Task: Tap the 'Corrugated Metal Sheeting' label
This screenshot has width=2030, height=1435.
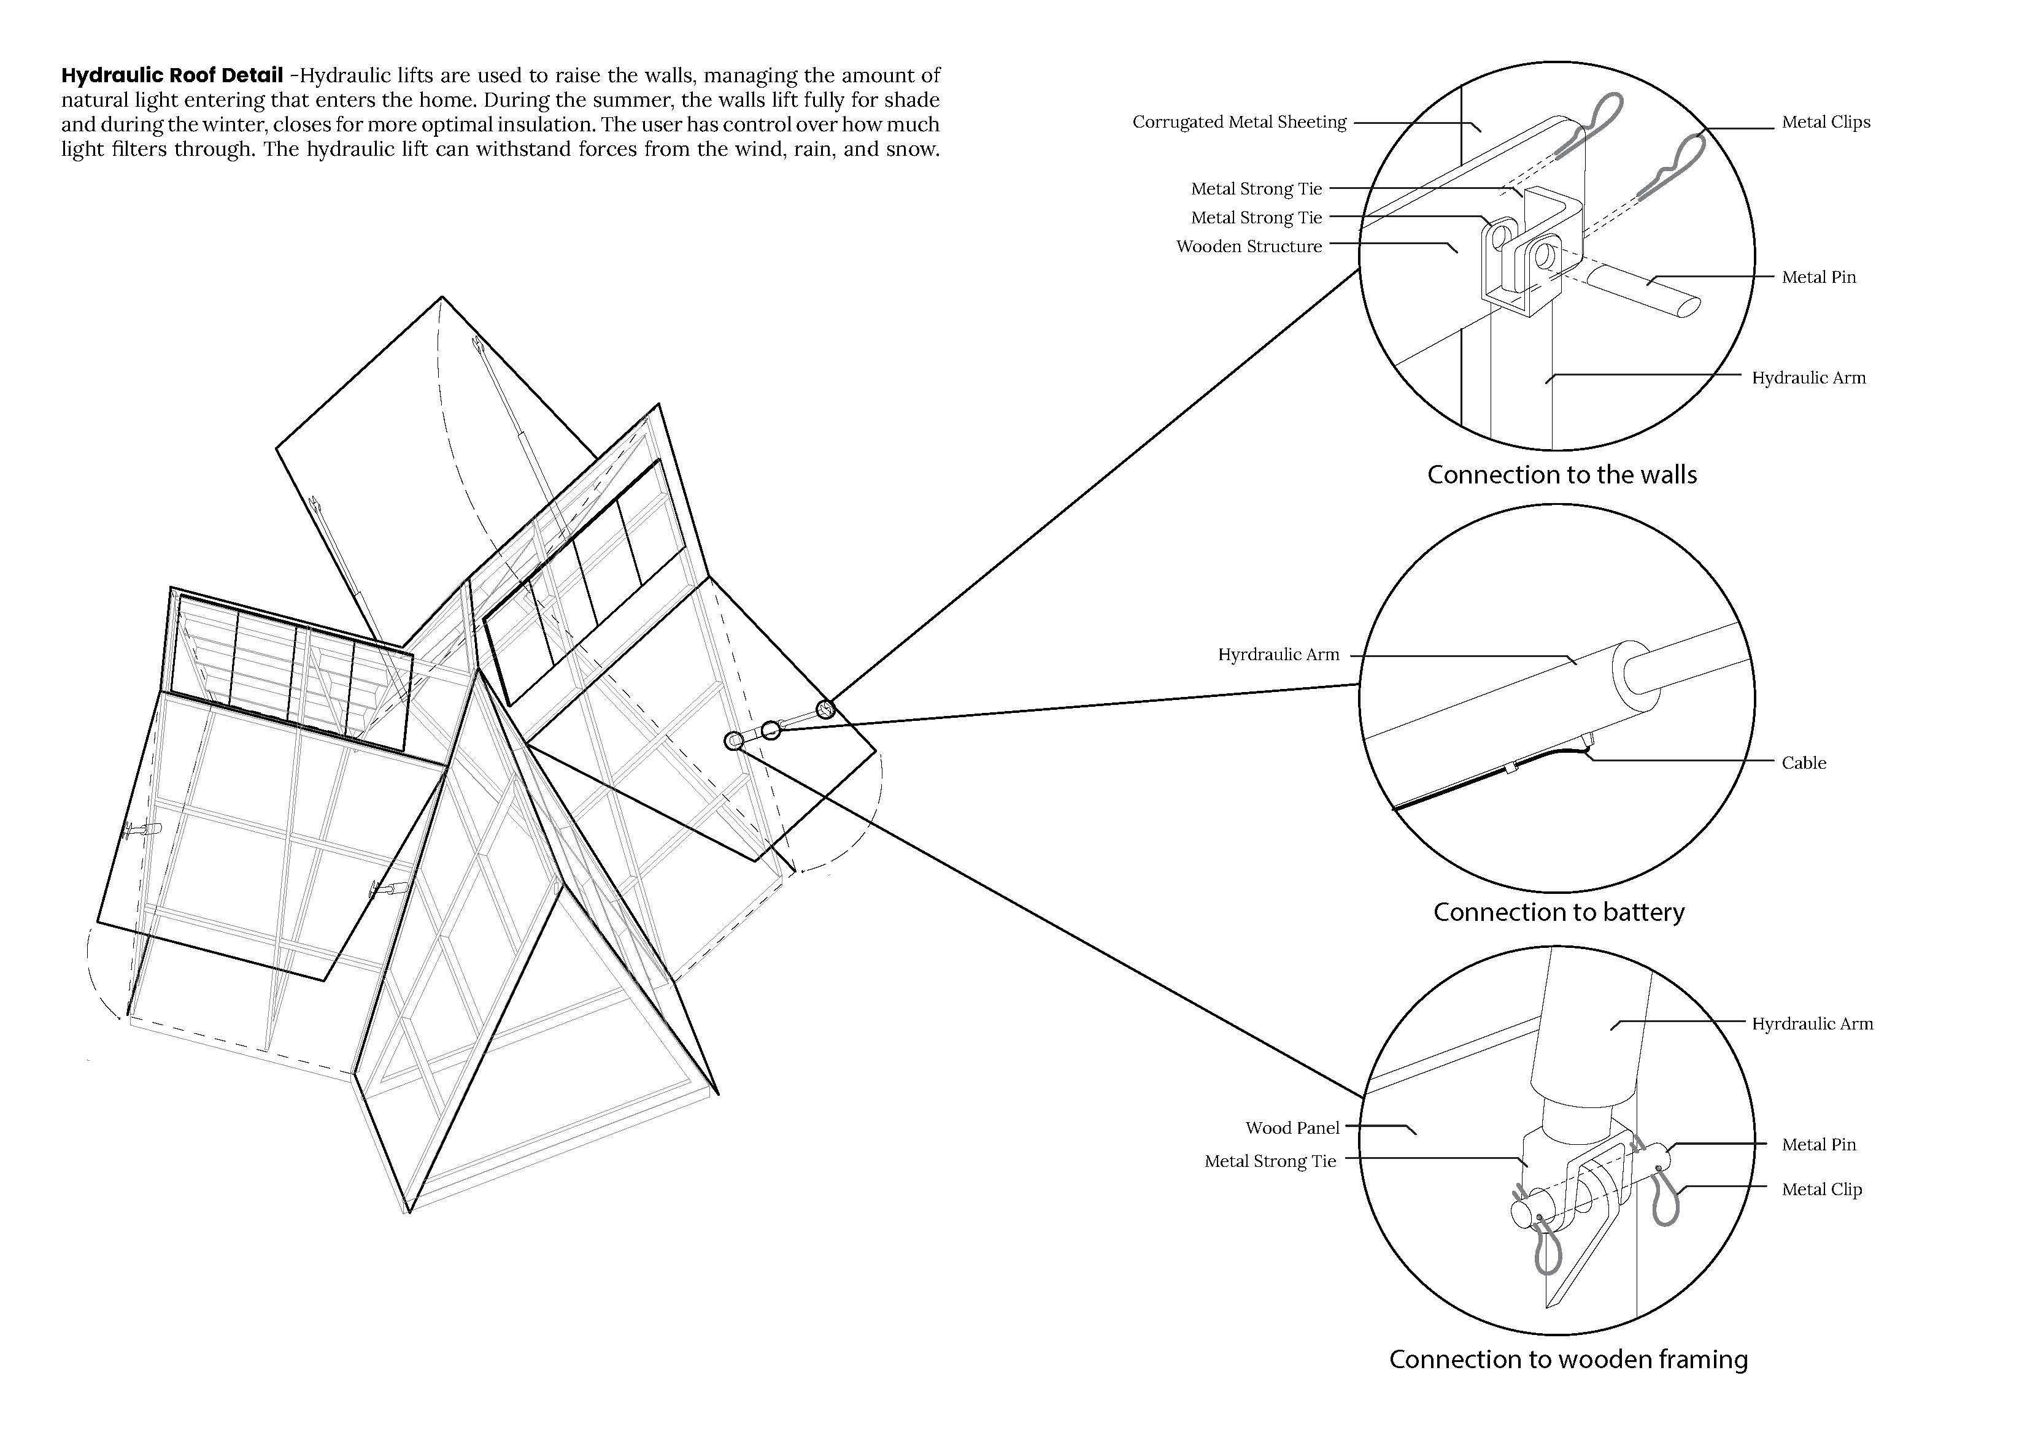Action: point(1239,122)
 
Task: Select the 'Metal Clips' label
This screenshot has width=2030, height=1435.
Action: point(1826,122)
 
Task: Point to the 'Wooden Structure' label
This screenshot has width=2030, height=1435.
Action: point(1248,247)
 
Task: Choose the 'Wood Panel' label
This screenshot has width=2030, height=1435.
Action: point(1292,1127)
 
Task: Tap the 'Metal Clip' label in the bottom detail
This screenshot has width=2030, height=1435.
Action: point(1821,1189)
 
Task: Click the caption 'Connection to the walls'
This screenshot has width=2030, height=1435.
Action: point(1561,475)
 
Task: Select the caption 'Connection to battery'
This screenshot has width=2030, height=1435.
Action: point(1559,912)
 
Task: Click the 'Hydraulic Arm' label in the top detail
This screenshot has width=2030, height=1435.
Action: point(1808,377)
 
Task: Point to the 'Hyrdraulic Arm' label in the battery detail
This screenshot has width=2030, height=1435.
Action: point(1278,654)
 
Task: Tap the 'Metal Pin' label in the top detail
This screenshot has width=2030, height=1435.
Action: point(1819,277)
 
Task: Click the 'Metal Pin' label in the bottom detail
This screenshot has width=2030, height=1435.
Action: point(1819,1144)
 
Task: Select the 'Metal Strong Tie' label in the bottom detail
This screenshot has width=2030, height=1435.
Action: point(1270,1161)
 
